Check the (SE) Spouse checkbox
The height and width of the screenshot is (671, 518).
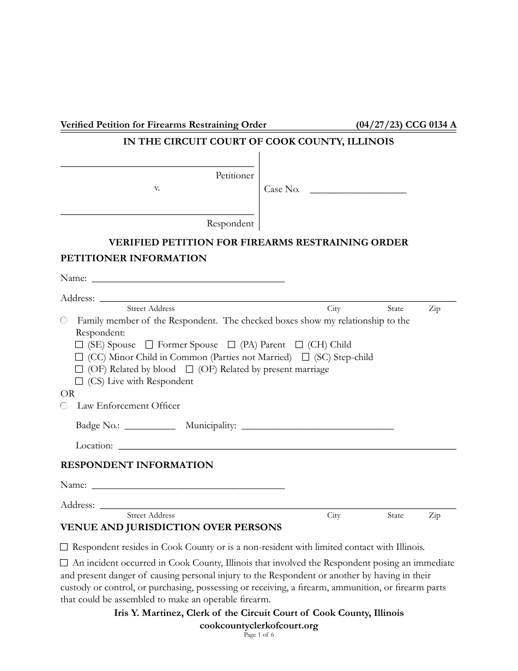(x=79, y=345)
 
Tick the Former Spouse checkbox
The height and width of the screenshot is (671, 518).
(x=149, y=345)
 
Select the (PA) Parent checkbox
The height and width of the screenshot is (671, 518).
(x=231, y=345)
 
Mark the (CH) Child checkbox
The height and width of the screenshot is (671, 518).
(x=299, y=345)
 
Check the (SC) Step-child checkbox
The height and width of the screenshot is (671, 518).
(x=305, y=357)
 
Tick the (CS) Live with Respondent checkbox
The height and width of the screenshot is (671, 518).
(x=79, y=381)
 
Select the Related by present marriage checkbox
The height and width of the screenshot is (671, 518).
(x=189, y=369)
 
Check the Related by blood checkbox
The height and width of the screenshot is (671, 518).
(x=79, y=369)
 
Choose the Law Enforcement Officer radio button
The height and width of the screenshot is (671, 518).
(x=64, y=406)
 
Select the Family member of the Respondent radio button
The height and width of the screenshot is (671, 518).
(x=64, y=321)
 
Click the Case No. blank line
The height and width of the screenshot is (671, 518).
(x=358, y=189)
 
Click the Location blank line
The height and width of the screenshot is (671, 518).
(x=287, y=445)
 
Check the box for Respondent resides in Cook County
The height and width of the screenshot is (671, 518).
(x=64, y=547)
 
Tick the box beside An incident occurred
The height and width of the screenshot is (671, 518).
(x=64, y=563)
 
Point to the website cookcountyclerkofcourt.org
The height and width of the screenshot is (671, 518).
(x=259, y=626)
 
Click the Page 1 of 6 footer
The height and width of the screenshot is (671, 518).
(x=259, y=635)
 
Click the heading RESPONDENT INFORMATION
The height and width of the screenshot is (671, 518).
(x=136, y=465)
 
